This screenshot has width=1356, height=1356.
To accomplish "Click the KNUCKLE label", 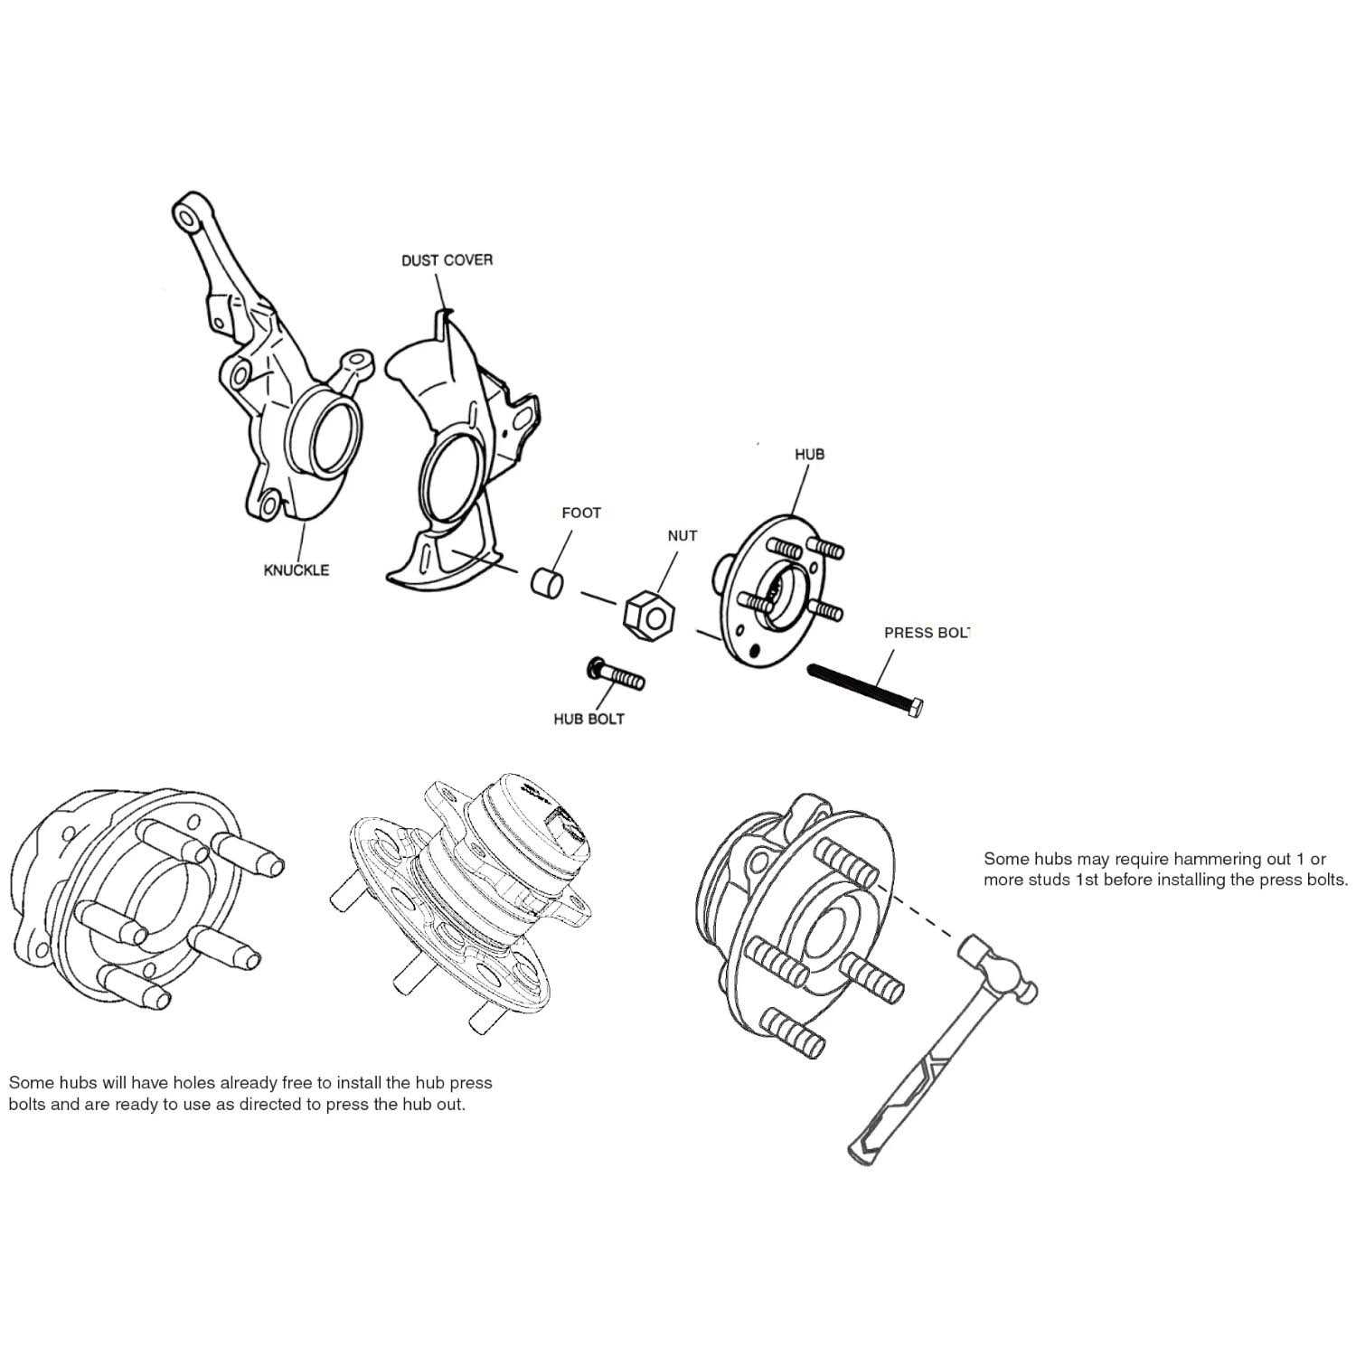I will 296,570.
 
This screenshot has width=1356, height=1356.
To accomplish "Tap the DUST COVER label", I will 447,260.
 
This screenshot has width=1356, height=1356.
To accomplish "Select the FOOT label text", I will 580,513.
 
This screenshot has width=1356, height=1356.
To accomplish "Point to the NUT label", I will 682,535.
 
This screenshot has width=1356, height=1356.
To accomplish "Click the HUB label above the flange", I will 809,454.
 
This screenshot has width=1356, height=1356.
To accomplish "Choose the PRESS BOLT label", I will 926,633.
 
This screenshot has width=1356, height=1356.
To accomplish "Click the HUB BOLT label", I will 589,720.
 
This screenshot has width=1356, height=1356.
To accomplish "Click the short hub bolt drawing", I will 615,674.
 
